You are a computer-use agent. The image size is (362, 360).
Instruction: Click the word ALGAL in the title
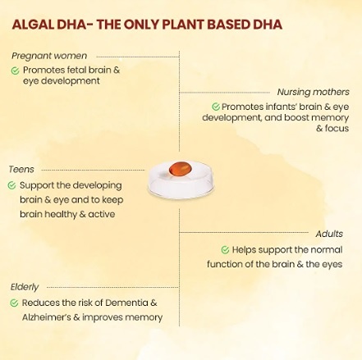33,25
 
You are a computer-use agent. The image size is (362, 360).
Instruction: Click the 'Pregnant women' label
49,56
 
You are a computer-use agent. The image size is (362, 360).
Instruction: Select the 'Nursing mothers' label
314,92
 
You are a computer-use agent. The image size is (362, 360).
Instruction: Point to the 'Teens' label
21,170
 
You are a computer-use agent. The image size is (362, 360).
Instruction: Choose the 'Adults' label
329,234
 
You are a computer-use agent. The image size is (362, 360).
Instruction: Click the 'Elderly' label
25,287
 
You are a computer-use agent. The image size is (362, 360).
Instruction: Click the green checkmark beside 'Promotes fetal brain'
16,71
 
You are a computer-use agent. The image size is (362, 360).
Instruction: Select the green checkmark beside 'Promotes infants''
216,107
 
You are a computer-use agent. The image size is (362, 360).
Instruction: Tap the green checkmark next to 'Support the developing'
11,185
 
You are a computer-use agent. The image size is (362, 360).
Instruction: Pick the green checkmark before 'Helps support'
225,250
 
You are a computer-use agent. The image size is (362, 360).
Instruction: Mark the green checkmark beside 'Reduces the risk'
14,303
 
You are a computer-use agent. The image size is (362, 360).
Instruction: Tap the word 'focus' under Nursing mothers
337,128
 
